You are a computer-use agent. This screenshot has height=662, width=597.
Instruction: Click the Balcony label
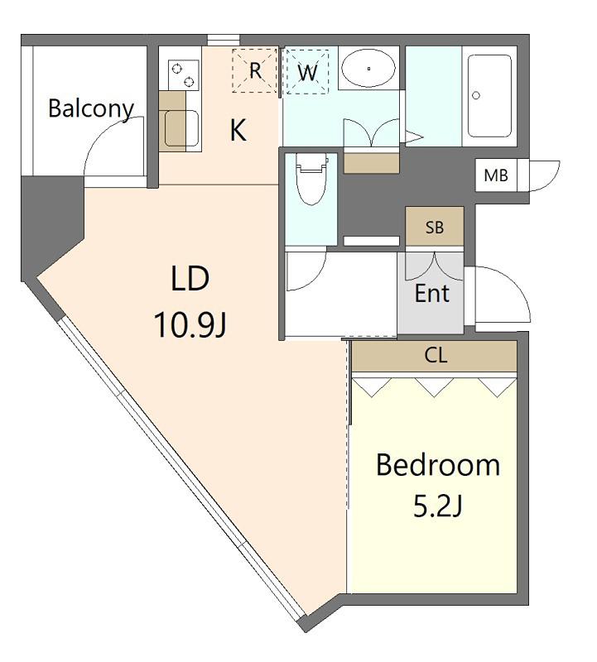tap(91, 109)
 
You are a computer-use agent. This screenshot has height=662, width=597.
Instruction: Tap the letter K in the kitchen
tap(238, 130)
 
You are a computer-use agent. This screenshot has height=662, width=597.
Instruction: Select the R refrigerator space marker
tap(255, 70)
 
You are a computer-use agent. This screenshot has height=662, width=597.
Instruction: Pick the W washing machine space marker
tap(307, 72)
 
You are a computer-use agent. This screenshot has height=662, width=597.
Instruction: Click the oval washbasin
tap(368, 68)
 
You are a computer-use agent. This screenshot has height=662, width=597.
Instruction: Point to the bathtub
tap(489, 96)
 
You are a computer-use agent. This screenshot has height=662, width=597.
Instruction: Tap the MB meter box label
tap(496, 175)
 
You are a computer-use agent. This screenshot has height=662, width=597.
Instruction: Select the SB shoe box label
tap(435, 228)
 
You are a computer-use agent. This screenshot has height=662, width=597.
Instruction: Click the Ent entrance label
tap(431, 293)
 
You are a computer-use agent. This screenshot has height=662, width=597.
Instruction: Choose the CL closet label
tap(436, 356)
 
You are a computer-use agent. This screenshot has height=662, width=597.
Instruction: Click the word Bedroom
tap(438, 465)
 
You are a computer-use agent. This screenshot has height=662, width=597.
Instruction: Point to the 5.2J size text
tap(437, 506)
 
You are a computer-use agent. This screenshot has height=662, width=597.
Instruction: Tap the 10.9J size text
tap(190, 325)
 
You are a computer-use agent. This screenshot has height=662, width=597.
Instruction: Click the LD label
tap(190, 278)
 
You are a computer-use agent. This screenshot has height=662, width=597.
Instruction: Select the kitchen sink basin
tap(181, 128)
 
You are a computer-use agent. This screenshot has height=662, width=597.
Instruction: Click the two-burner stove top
tap(184, 74)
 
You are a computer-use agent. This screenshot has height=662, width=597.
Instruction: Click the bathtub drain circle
tap(476, 95)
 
